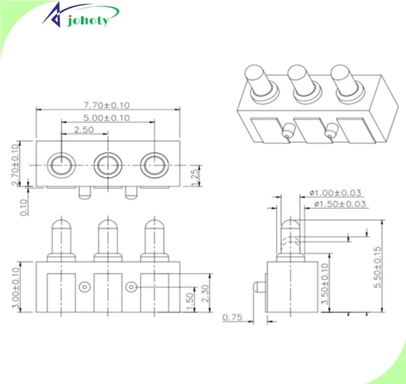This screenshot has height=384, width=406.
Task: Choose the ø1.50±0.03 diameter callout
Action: point(339,204)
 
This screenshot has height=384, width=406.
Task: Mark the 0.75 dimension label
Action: point(233,317)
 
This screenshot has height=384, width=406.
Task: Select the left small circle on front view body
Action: point(84,287)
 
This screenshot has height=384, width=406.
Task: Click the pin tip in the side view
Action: point(290,226)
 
